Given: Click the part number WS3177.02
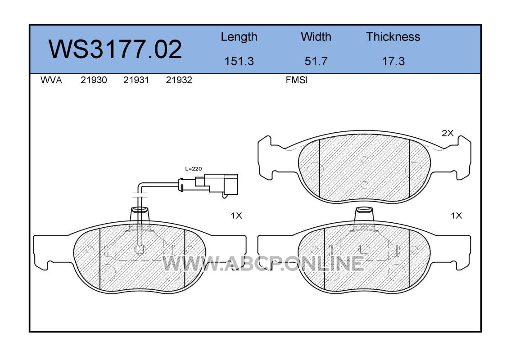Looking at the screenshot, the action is coord(115,49).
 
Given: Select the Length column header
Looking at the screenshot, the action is coord(239,37).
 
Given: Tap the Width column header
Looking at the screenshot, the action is coord(316,36).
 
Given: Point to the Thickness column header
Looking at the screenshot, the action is coord(393,36).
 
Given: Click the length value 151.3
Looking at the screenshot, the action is coord(239,61).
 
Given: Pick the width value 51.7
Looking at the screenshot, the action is coord(316,61).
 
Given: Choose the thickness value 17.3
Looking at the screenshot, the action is coord(393,61).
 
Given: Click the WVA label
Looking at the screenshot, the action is coord(51,80).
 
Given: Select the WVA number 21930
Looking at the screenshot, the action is coord(94,80).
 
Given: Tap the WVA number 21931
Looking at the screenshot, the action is coord(136,80).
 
